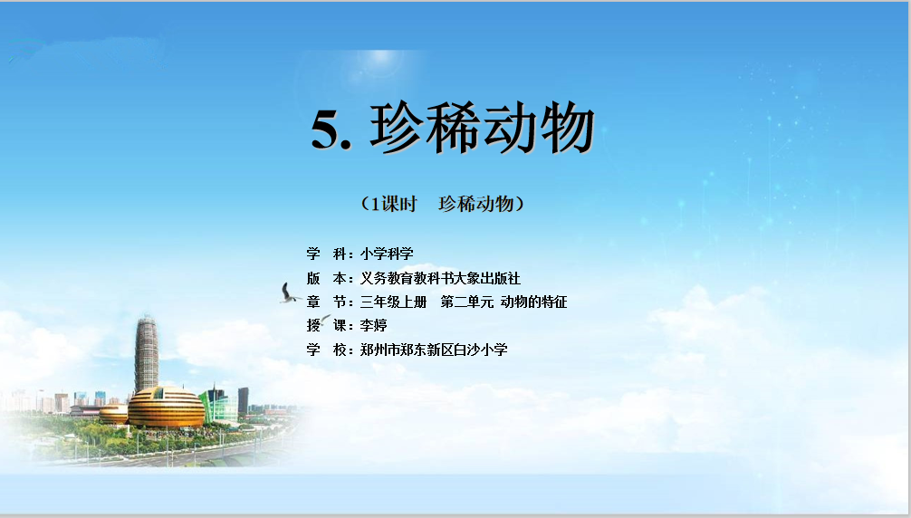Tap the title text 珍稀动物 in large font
click(482, 128)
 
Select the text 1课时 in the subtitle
click(394, 204)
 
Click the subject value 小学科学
click(387, 254)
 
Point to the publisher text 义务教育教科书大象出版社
click(440, 278)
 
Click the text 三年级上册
click(393, 302)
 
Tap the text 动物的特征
click(533, 302)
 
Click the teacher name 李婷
click(374, 325)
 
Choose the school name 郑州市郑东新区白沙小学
click(434, 350)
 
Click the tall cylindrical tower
click(147, 354)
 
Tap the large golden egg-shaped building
click(166, 408)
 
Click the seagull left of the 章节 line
click(290, 293)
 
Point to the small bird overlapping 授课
click(324, 319)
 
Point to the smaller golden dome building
click(114, 414)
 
